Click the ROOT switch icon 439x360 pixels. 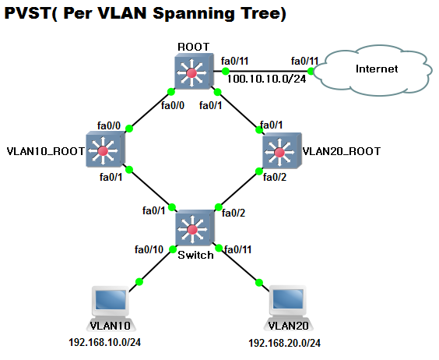pos(191,74)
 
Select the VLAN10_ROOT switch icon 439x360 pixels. pos(106,150)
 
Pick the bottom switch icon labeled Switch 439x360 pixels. pos(192,228)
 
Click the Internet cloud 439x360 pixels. pos(377,69)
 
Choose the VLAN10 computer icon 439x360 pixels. pos(110,304)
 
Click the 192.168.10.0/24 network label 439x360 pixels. pos(110,341)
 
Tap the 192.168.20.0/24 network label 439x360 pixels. pos(284,343)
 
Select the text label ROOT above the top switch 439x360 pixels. pos(192,47)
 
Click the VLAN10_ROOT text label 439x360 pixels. pos(44,150)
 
